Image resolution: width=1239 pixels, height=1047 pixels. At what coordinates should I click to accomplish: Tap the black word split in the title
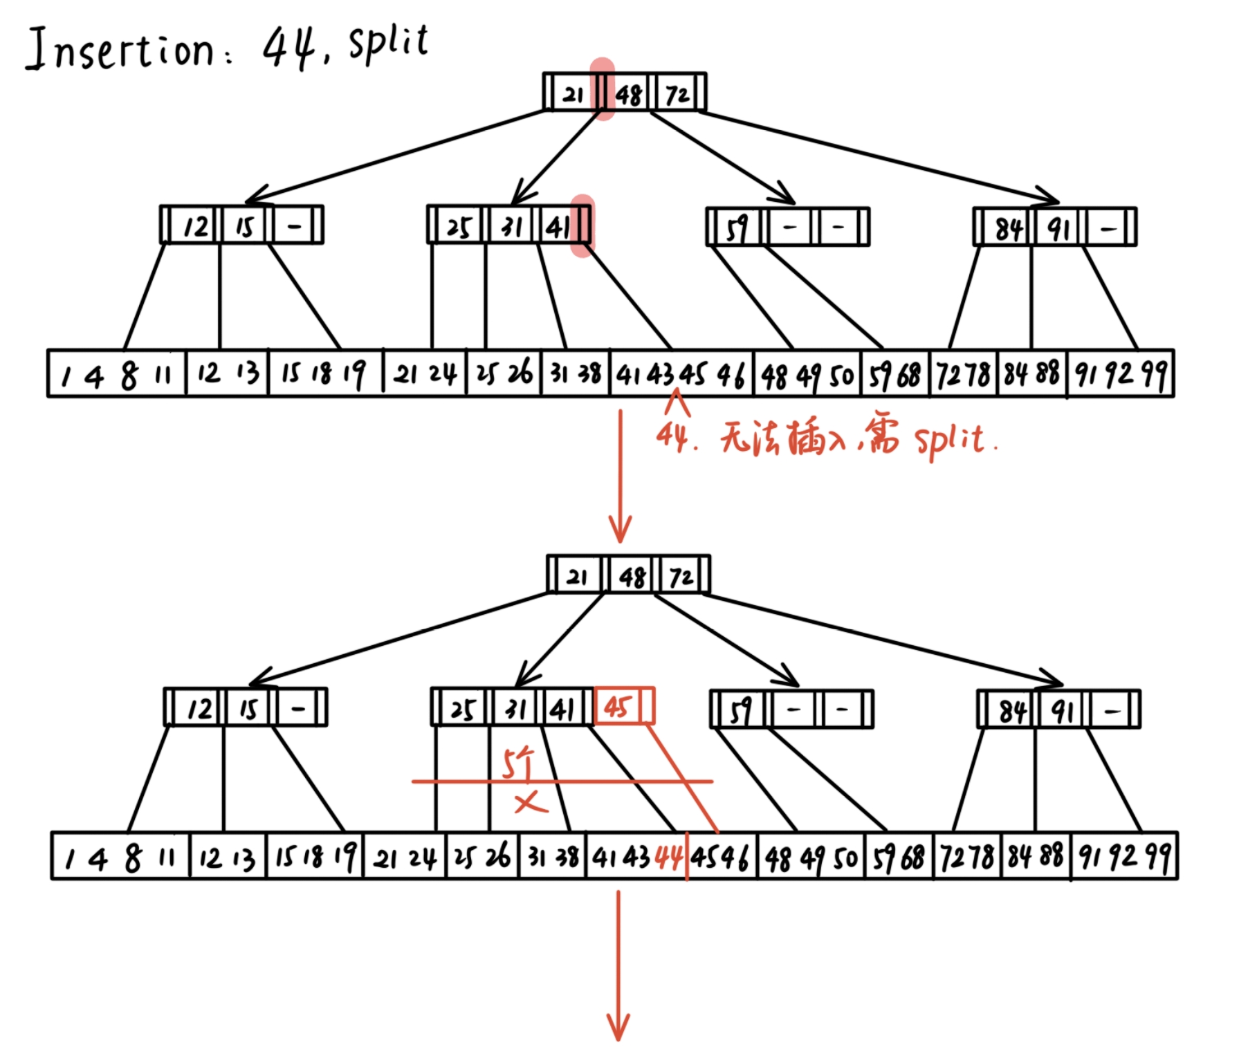(x=389, y=43)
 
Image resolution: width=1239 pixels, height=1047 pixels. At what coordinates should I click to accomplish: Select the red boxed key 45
(x=618, y=706)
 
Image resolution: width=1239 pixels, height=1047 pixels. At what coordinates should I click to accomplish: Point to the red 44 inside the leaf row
(x=668, y=858)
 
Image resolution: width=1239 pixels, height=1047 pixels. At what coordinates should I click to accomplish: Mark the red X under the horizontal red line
(x=531, y=803)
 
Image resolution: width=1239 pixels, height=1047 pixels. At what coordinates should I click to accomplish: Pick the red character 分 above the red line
(x=519, y=763)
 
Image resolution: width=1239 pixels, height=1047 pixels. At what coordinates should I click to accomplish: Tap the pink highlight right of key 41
(x=582, y=225)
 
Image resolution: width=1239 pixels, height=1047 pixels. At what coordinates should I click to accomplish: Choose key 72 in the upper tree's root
(x=677, y=93)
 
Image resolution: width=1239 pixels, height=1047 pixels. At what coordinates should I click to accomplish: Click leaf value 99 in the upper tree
(x=1154, y=374)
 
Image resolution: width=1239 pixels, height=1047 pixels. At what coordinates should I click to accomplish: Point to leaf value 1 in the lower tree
(x=68, y=860)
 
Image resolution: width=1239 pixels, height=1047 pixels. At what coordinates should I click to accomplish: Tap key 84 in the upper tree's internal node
(x=1009, y=228)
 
